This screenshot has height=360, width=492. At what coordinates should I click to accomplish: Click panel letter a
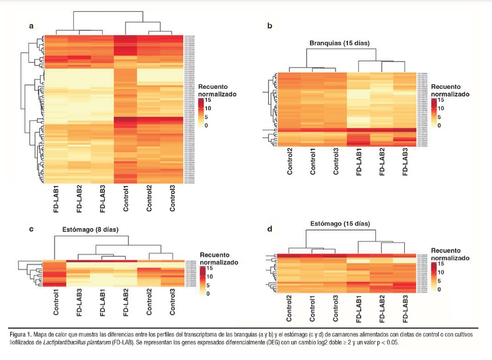[31, 26]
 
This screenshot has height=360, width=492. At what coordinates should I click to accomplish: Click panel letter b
[269, 26]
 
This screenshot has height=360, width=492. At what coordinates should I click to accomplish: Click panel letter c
[31, 228]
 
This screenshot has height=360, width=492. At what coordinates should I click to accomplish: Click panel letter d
[269, 228]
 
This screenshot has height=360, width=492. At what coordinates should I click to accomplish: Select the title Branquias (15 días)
[340, 43]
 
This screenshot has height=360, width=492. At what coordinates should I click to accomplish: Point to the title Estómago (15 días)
[340, 224]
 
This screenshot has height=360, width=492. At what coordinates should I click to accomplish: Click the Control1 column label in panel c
[56, 302]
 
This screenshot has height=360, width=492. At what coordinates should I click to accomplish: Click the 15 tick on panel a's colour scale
[207, 100]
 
